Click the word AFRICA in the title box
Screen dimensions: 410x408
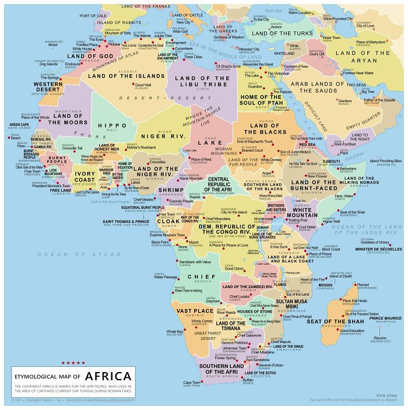(110, 376)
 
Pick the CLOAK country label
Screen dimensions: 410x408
(168, 222)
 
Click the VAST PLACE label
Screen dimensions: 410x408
(195, 311)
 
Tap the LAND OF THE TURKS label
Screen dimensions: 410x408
(282, 33)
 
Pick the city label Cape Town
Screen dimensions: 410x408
(192, 383)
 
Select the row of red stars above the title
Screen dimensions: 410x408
(73, 363)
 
